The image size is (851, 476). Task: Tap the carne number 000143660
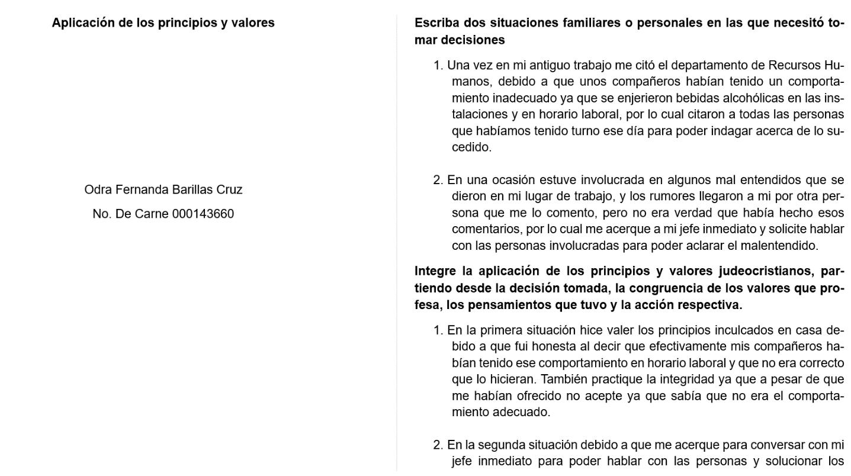tap(203, 214)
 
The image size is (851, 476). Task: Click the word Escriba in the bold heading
tap(436, 23)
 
